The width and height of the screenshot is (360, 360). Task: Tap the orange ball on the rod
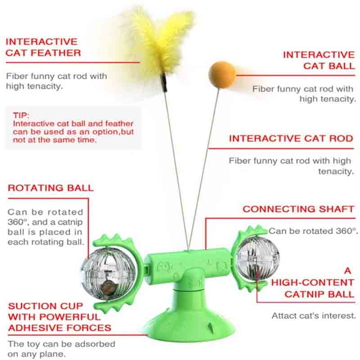[x=222, y=74]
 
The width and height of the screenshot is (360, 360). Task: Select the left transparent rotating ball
[x=108, y=274]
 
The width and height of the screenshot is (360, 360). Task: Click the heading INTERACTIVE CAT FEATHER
[x=43, y=47]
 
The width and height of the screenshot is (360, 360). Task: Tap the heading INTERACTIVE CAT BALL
[x=319, y=60]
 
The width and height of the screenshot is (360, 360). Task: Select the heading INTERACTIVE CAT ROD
[x=291, y=139]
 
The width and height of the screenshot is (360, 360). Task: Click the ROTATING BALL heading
[x=50, y=188]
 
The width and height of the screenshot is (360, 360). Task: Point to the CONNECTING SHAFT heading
[x=298, y=209]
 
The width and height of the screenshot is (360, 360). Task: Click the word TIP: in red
[x=21, y=115]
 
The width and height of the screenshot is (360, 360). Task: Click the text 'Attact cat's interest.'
[x=314, y=316]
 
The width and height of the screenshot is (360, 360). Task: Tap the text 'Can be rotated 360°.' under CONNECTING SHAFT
[x=313, y=231]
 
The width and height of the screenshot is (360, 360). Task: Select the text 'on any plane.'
[x=37, y=354]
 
